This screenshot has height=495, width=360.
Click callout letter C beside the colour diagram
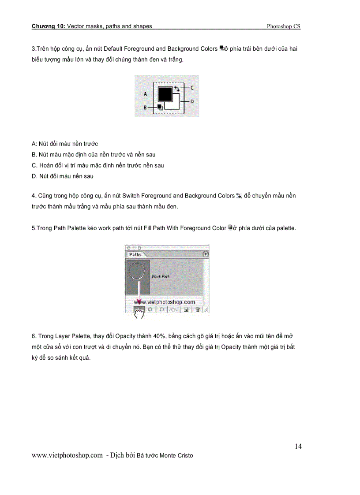point(192,88)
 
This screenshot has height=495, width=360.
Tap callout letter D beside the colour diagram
point(192,101)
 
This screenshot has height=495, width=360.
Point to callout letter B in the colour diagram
point(145,107)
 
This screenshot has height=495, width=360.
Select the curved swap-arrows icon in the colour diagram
point(176,88)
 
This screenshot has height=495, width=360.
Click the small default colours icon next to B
point(160,106)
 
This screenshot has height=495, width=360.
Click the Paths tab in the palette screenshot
point(135,254)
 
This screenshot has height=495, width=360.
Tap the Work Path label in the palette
point(161,276)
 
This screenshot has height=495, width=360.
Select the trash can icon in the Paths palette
point(197,309)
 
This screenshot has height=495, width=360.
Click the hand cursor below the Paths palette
point(139,315)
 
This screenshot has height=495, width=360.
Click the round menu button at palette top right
point(205,254)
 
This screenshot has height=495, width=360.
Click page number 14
point(298,446)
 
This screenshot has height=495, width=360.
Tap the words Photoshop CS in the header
point(283,26)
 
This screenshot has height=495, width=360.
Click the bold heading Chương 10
point(48,26)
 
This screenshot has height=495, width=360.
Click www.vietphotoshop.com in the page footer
point(67,455)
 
